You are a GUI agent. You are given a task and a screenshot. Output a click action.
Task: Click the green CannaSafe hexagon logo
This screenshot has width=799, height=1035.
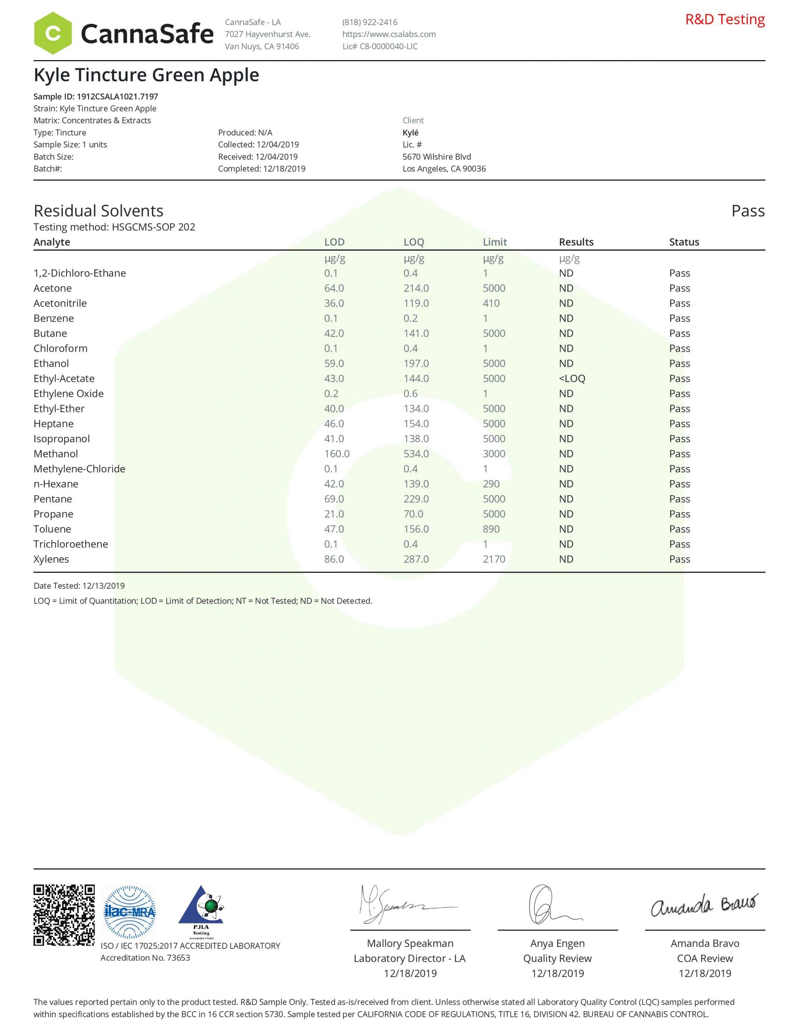tap(53, 33)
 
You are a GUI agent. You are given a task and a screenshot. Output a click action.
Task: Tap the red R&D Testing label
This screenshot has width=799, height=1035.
tap(725, 19)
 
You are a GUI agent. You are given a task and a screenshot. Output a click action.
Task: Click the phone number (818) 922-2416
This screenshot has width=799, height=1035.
tap(370, 22)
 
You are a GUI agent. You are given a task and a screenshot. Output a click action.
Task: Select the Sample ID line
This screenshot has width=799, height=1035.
tap(96, 96)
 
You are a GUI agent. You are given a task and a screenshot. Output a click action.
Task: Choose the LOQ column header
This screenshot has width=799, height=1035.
tap(414, 242)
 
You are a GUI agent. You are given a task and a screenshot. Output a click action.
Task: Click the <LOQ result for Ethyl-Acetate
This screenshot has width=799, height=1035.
tap(572, 379)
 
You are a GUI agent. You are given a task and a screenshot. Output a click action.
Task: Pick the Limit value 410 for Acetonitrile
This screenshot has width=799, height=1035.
tap(491, 303)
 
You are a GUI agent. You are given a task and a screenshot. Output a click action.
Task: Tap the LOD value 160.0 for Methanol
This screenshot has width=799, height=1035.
tap(337, 454)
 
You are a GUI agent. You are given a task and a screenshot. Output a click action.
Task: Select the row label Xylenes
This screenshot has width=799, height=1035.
tap(51, 559)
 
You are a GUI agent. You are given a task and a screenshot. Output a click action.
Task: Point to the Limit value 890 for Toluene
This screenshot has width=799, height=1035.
tap(491, 529)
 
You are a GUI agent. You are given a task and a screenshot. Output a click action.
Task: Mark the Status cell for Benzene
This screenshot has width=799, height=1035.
tap(679, 319)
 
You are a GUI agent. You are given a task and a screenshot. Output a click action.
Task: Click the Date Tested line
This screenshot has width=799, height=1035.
tap(79, 586)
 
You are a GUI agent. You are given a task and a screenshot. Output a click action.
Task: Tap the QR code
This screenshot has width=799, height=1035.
tap(64, 915)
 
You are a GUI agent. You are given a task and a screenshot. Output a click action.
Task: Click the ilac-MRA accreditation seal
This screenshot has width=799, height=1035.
tap(129, 912)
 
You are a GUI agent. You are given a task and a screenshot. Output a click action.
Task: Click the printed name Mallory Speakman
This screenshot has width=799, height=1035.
tap(410, 944)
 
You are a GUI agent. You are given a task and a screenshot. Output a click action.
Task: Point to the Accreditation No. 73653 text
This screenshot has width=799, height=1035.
tap(145, 958)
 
